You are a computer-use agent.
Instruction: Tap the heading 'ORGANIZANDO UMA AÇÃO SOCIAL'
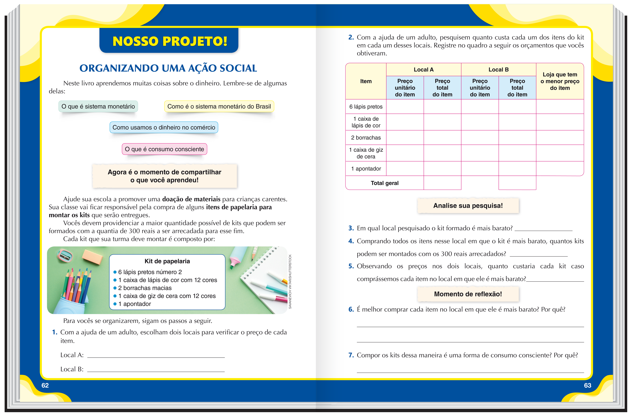(168, 68)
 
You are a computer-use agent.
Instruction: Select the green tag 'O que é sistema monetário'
(98, 106)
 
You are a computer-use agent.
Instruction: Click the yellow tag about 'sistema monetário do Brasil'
(219, 106)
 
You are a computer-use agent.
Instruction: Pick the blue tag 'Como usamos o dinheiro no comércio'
(164, 127)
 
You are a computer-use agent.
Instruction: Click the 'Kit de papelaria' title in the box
(167, 261)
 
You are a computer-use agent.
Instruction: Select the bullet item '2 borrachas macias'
(145, 288)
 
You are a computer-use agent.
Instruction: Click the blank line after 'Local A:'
(156, 355)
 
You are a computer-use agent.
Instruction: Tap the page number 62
(45, 385)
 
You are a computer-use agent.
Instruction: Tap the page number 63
(587, 385)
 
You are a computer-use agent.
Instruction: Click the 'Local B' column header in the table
(498, 70)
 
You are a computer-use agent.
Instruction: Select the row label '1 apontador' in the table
(366, 169)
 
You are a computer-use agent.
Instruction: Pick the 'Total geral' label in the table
(384, 183)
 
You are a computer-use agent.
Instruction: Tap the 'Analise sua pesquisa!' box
(468, 206)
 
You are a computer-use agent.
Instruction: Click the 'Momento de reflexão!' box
(468, 294)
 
